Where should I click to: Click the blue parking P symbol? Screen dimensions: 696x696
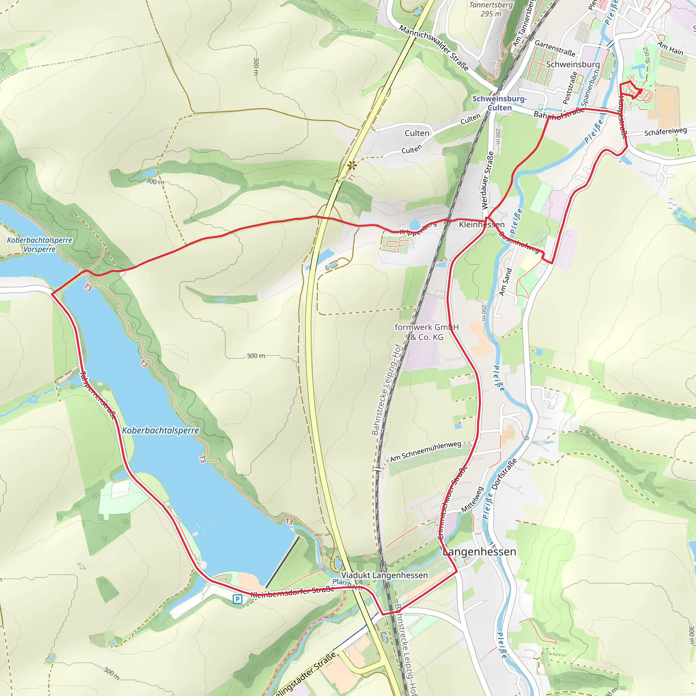[x=238, y=599]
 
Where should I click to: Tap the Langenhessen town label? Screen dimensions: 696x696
[x=479, y=552]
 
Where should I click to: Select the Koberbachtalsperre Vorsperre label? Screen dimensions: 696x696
[x=40, y=245]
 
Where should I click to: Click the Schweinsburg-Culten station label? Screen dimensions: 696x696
[x=499, y=103]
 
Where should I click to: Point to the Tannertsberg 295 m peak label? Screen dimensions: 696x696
[x=491, y=10]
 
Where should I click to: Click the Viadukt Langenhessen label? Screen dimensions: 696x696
[x=384, y=575]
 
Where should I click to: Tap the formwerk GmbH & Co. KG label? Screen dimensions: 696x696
[x=427, y=332]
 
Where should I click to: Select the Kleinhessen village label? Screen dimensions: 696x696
[x=482, y=225]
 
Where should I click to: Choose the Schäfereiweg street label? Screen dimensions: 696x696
[x=665, y=132]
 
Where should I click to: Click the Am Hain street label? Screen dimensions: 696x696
[x=671, y=48]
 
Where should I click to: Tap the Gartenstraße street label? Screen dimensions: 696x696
[x=555, y=48]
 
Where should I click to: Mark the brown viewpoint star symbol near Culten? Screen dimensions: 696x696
[x=352, y=166]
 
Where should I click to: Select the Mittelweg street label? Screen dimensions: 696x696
[x=472, y=500]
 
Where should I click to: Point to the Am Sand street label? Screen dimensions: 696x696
[x=505, y=282]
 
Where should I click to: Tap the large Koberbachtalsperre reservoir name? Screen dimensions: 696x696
[x=160, y=431]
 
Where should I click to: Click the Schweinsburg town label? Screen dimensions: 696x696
[x=573, y=65]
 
